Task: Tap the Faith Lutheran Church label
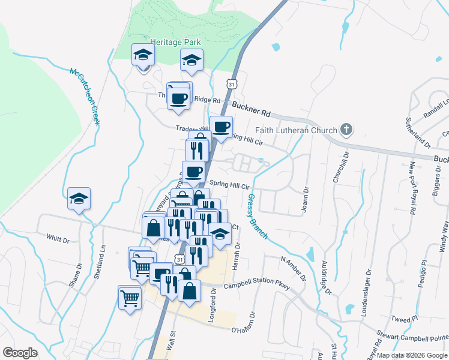pyautogui.click(x=297, y=130)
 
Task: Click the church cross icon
pyautogui.click(x=346, y=129)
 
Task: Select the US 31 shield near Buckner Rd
pyautogui.click(x=232, y=84)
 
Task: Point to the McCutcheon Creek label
pyautogui.click(x=84, y=96)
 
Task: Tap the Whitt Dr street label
pyautogui.click(x=58, y=239)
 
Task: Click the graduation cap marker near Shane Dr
pyautogui.click(x=79, y=199)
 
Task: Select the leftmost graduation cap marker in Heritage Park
pyautogui.click(x=143, y=56)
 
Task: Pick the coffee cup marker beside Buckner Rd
pyautogui.click(x=221, y=127)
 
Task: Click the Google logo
pyautogui.click(x=20, y=353)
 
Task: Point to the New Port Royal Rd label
pyautogui.click(x=413, y=188)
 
